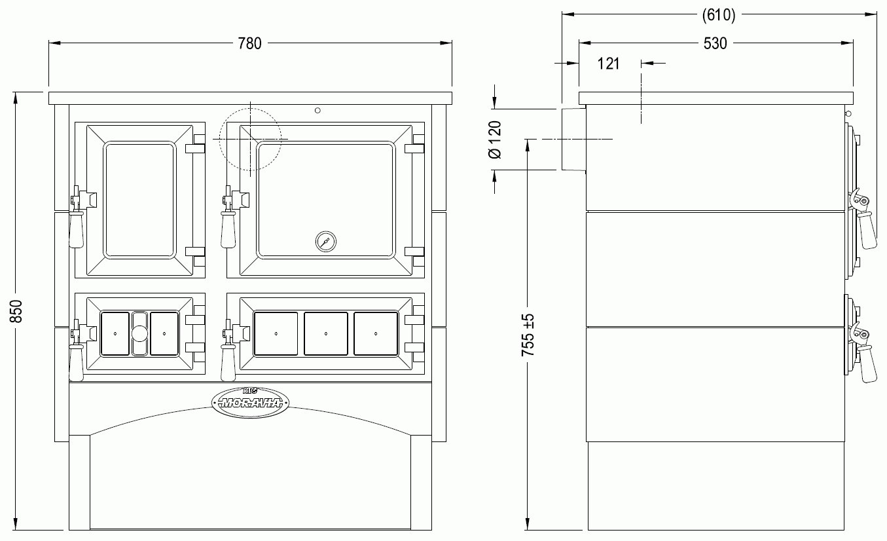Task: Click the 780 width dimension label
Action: tap(250, 44)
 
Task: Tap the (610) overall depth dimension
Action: tap(718, 15)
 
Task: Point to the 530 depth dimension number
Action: tap(715, 44)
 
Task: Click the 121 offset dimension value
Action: tap(609, 64)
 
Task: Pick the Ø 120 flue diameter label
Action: tap(495, 140)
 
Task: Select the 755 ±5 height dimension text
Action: tap(528, 335)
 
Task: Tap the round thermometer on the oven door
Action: tap(325, 241)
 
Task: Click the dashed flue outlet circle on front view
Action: tap(250, 139)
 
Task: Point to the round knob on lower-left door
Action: tap(139, 333)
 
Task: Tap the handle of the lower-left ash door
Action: tap(76, 360)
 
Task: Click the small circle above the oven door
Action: tap(317, 110)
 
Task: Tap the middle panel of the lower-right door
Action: tap(326, 333)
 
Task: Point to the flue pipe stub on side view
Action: tap(572, 139)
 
